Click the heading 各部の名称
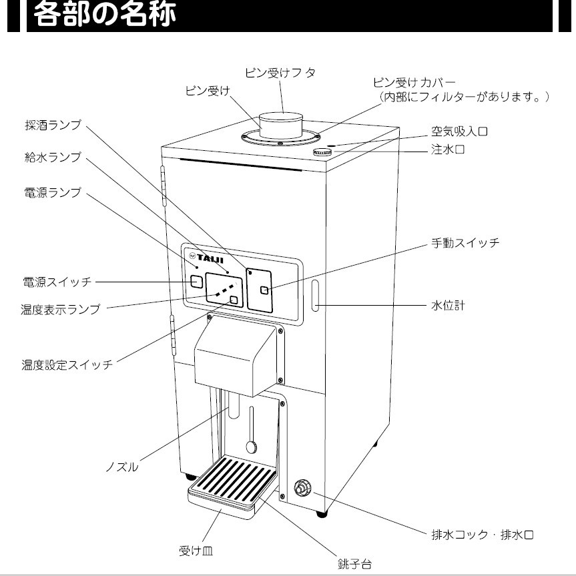pyautogui.click(x=105, y=15)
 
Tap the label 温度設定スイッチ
pyautogui.click(x=66, y=364)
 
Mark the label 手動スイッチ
pyautogui.click(x=463, y=243)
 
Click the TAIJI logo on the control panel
pyautogui.click(x=209, y=256)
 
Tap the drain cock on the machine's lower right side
pyautogui.click(x=303, y=489)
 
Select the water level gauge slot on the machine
pyautogui.click(x=314, y=297)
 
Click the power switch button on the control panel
pyautogui.click(x=196, y=282)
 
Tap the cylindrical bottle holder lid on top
pyautogui.click(x=280, y=125)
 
